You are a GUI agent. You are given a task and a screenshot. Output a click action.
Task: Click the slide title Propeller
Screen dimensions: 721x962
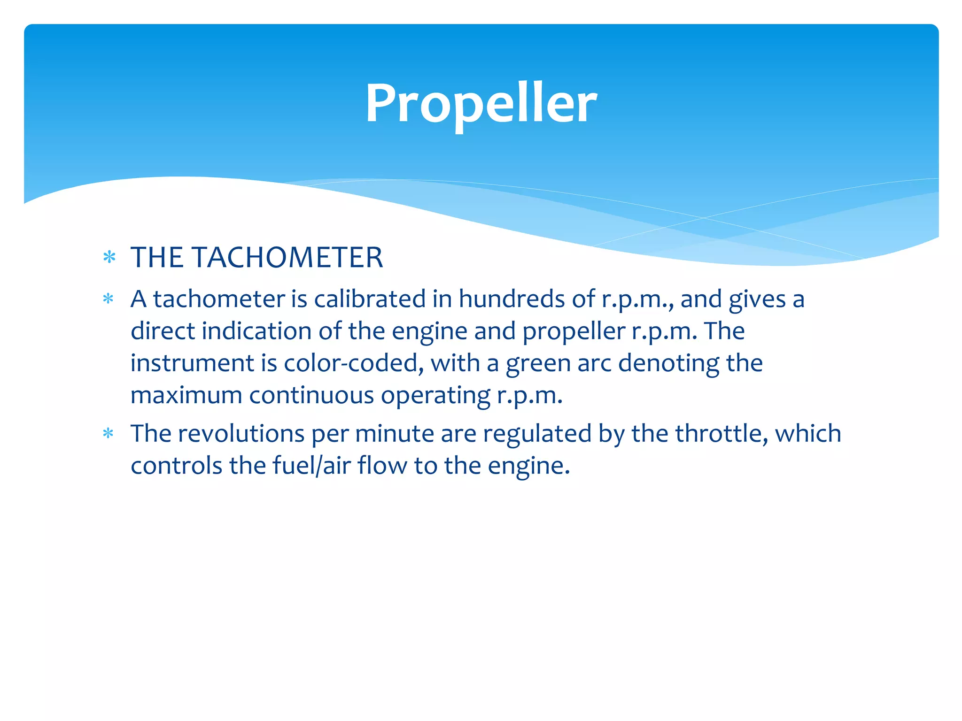(x=481, y=103)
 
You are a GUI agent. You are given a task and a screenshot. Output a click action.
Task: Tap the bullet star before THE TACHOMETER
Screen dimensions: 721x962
(x=109, y=257)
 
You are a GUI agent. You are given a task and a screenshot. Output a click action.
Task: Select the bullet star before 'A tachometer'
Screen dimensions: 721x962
(x=109, y=299)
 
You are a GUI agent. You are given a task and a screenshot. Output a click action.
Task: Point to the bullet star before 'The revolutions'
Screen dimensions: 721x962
(x=109, y=433)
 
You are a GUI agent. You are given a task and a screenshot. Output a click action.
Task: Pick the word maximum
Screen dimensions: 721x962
(x=186, y=395)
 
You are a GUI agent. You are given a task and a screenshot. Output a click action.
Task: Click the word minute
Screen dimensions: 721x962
(x=395, y=433)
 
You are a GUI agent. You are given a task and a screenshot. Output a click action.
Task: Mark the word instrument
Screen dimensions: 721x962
(x=192, y=363)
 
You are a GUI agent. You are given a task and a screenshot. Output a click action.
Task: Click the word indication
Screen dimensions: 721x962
(x=256, y=331)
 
